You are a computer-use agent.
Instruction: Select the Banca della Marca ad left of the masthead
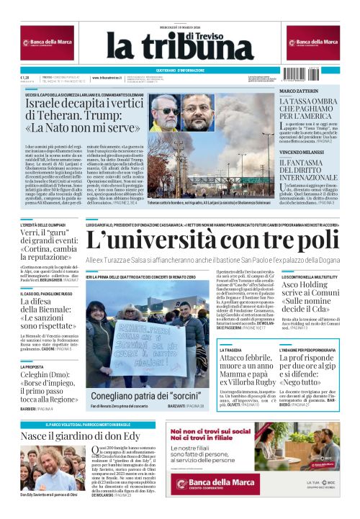tap(47, 43)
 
